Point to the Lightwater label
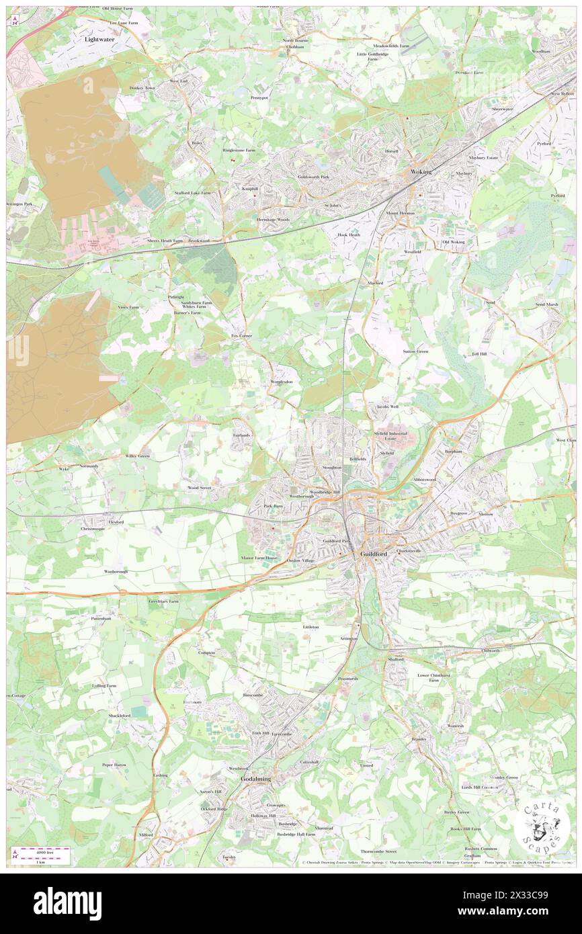(x=100, y=40)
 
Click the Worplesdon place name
(x=280, y=382)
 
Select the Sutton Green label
(x=415, y=351)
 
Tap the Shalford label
(x=396, y=659)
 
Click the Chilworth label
(x=491, y=650)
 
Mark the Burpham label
(x=454, y=452)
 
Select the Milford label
(x=145, y=835)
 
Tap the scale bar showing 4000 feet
(x=45, y=855)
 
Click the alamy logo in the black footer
(x=67, y=903)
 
